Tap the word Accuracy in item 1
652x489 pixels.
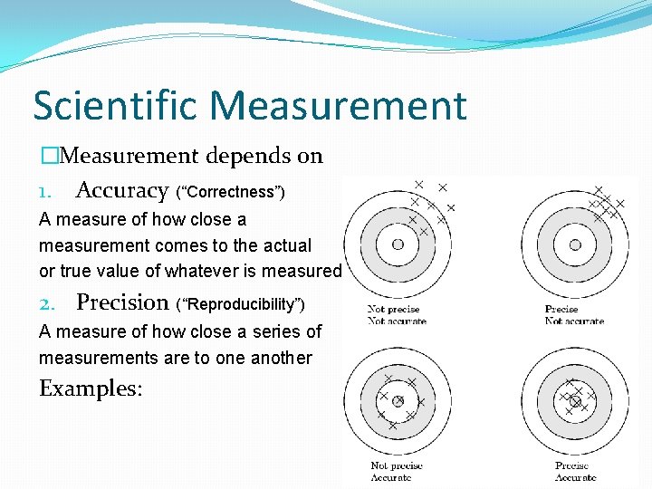tap(122, 190)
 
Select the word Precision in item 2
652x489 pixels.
tap(122, 302)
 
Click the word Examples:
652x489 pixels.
tap(91, 388)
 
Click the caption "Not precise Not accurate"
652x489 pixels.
tap(397, 315)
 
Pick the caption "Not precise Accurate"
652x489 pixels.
tap(397, 472)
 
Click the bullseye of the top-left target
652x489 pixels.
tap(398, 244)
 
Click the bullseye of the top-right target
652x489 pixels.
tap(575, 244)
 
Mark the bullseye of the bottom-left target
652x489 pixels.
tap(398, 400)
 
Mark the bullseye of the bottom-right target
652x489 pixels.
tap(575, 400)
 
